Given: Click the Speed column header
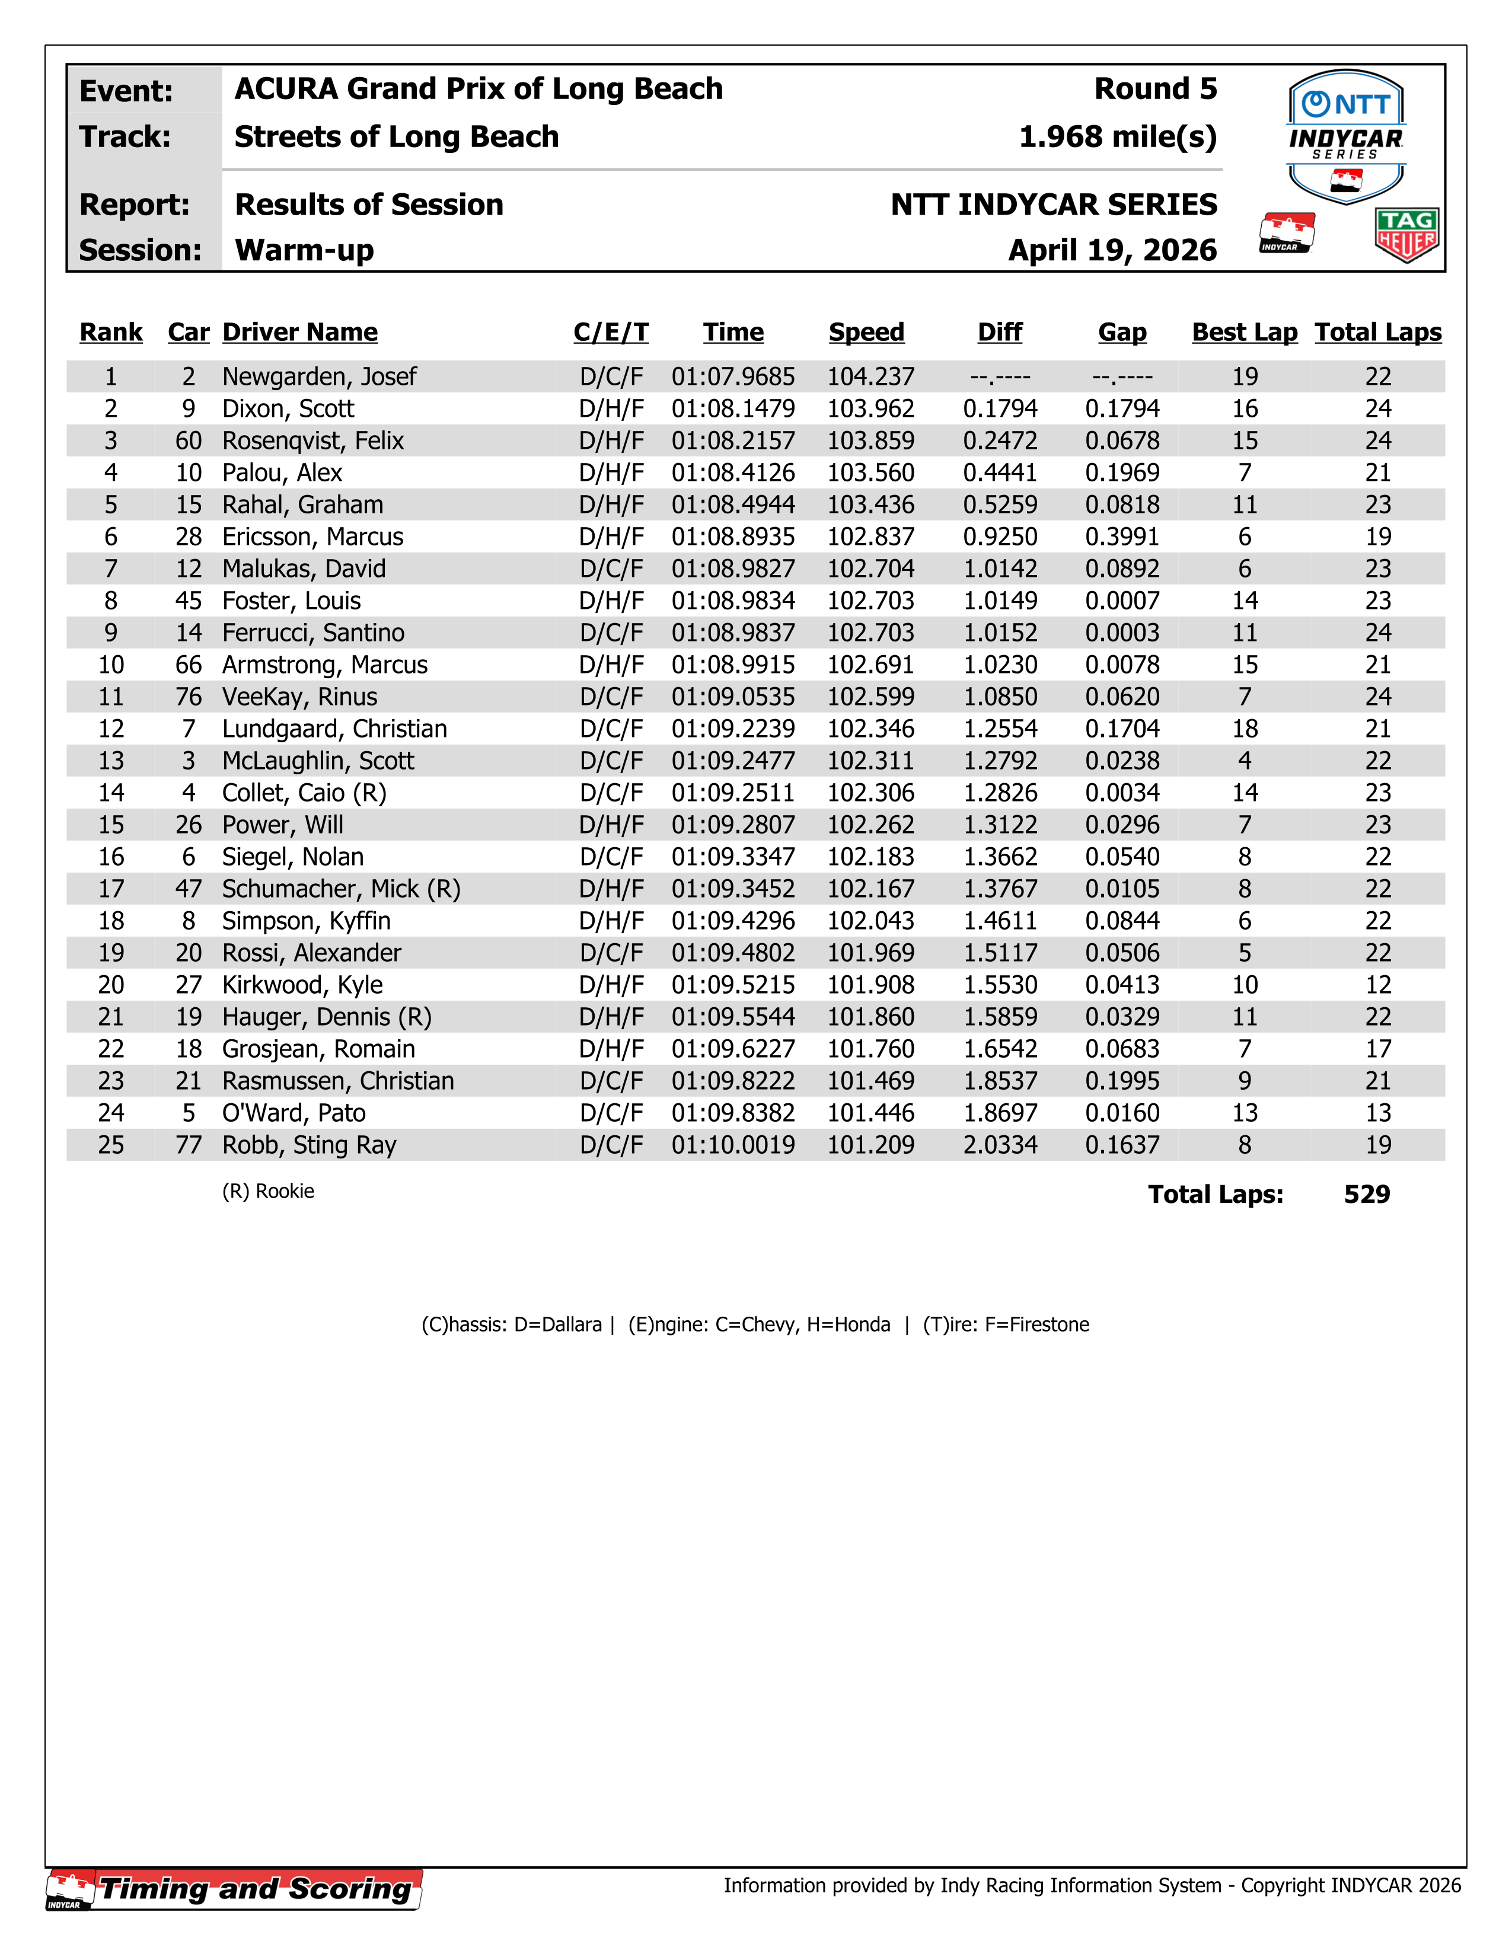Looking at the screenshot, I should coord(866,333).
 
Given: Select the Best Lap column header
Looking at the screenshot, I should coord(1244,333).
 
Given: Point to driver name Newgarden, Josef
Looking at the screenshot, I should coord(319,376).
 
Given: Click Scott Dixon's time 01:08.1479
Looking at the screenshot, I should coord(732,408).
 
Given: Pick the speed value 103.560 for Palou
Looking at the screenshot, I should coord(870,473).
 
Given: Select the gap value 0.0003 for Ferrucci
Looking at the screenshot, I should coord(1121,633).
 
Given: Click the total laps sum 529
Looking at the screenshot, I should coord(1366,1195).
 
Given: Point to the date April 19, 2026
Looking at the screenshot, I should coord(1112,250).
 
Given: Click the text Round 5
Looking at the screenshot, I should coord(1155,89).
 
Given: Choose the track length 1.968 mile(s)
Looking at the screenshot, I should coord(1118,137).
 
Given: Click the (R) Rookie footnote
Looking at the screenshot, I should coord(268,1191).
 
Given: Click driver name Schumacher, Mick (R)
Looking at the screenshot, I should coord(340,889).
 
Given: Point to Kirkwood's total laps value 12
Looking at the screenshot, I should coord(1377,985).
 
